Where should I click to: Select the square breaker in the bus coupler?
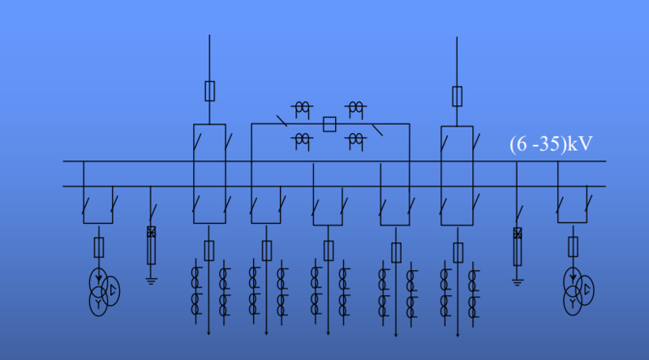(329, 124)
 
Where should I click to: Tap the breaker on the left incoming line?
(210, 90)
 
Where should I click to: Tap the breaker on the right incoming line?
(458, 96)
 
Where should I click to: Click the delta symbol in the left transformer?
(113, 289)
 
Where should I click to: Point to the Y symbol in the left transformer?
(98, 302)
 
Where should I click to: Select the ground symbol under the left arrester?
(151, 280)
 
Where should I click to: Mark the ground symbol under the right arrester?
(518, 282)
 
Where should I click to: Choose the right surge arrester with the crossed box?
(518, 246)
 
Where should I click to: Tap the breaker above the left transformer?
(99, 246)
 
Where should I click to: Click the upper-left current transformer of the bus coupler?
(303, 107)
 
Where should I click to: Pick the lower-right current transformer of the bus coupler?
(355, 141)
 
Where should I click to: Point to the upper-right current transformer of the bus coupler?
(355, 107)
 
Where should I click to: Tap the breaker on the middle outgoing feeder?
(329, 251)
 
